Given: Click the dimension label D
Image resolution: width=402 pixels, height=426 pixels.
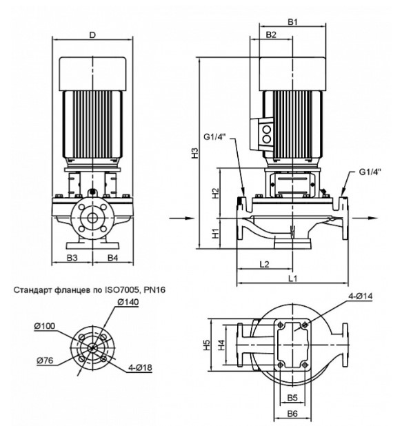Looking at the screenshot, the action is [93, 35].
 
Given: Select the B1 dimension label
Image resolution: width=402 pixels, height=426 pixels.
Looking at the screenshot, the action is [293, 22].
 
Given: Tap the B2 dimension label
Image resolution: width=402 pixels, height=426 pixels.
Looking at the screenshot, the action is [271, 34].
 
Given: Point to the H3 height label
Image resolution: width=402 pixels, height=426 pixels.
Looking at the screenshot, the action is [195, 153].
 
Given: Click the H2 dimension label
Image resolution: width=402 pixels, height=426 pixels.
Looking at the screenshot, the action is [215, 193].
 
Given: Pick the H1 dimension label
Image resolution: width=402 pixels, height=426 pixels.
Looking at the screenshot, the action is [215, 234].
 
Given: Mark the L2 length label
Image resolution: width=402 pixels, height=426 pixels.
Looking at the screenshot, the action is [265, 264].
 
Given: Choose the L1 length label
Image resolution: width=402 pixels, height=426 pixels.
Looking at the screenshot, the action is [293, 278].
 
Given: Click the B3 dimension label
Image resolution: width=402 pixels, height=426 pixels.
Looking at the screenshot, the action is [72, 258].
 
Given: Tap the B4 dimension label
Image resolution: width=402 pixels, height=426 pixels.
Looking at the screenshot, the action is [113, 258].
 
